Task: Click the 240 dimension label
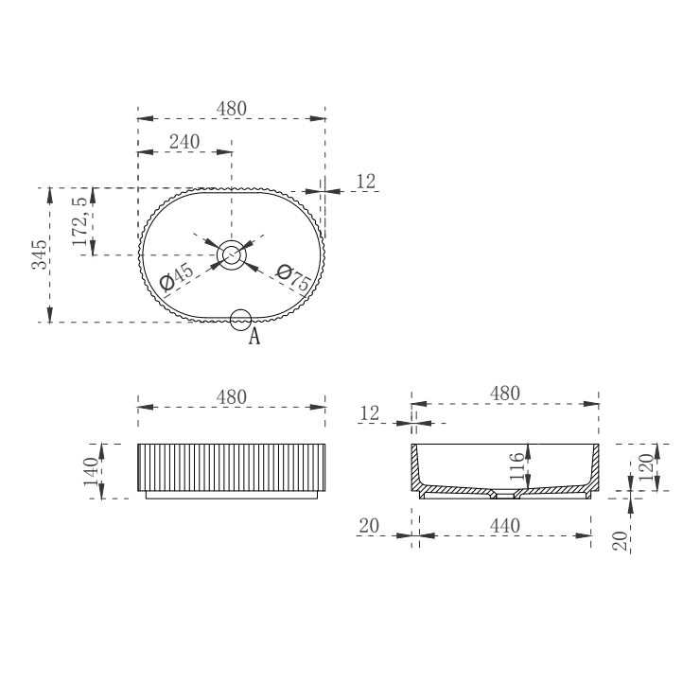pyautogui.click(x=184, y=141)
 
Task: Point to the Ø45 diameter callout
pyautogui.click(x=176, y=277)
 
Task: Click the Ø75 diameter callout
pyautogui.click(x=294, y=278)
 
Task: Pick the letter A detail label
pyautogui.click(x=254, y=337)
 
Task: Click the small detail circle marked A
pyautogui.click(x=241, y=320)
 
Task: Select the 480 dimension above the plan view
pyautogui.click(x=232, y=108)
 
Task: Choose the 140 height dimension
pyautogui.click(x=91, y=471)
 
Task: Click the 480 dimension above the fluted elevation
pyautogui.click(x=232, y=396)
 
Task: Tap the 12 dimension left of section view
pyautogui.click(x=370, y=412)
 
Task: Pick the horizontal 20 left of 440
pyautogui.click(x=369, y=525)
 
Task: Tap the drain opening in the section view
pyautogui.click(x=505, y=494)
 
